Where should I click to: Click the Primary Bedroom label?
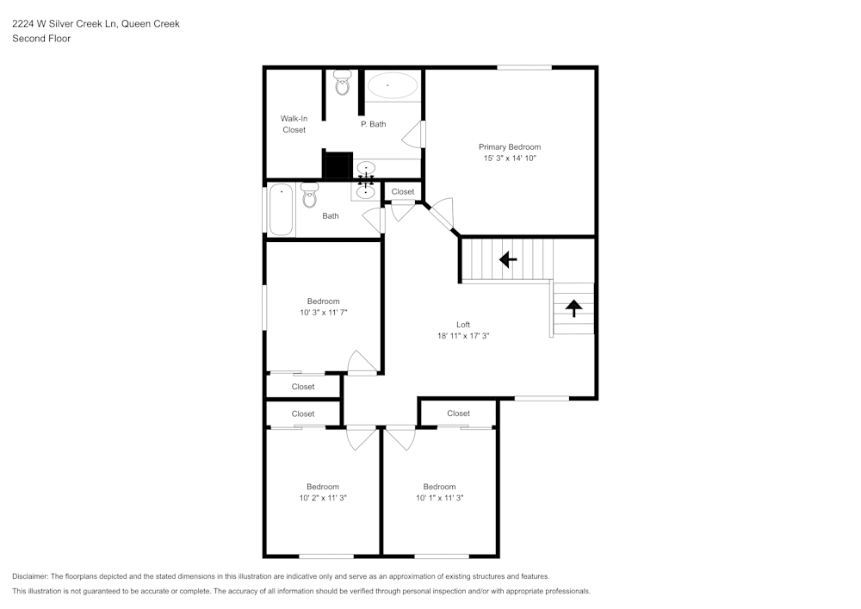tap(510, 146)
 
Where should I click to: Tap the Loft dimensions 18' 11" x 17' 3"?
tap(463, 336)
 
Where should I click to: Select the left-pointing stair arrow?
tap(508, 258)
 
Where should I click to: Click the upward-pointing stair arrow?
tap(573, 308)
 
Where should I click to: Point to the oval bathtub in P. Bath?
tap(392, 85)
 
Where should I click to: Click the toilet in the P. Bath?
tap(342, 83)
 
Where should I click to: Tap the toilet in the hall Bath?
tap(310, 195)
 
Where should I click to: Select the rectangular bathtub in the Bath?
tap(282, 209)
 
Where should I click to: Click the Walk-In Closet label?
tap(294, 124)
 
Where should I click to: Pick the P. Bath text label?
tap(374, 124)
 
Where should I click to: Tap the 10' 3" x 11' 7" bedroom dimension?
tap(324, 313)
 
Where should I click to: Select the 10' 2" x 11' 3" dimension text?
tap(323, 498)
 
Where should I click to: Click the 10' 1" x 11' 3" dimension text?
tap(439, 498)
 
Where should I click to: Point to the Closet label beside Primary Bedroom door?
tap(402, 191)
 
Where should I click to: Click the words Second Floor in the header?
tap(41, 39)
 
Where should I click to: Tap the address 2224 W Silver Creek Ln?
tap(65, 23)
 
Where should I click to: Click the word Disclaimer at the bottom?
tap(29, 576)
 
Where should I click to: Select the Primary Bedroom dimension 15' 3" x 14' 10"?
tap(510, 158)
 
